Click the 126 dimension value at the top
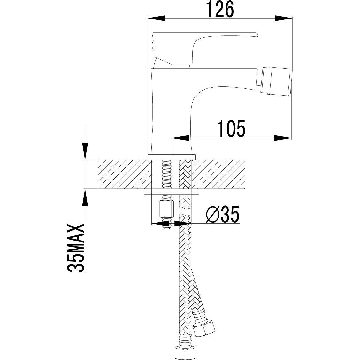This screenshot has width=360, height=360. (x=220, y=10)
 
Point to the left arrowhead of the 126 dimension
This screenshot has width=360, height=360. (x=157, y=18)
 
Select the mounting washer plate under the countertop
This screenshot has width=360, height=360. (x=172, y=192)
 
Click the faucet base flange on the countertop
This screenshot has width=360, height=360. (x=172, y=157)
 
